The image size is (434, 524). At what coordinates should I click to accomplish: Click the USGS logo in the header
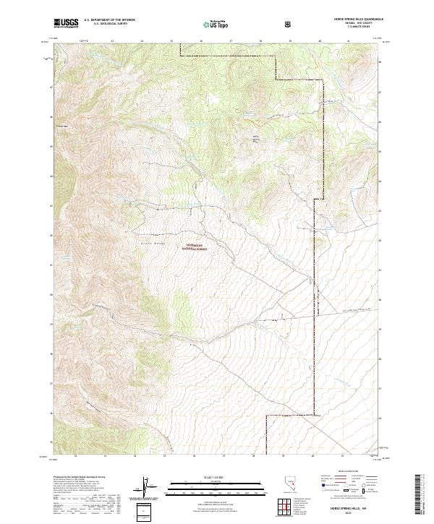67,23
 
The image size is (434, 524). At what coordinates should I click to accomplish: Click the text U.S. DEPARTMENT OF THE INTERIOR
110,20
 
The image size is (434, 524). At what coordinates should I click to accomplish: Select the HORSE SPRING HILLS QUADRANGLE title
352,20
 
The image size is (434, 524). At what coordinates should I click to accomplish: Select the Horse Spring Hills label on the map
254,139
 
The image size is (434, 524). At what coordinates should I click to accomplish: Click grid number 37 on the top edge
230,42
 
